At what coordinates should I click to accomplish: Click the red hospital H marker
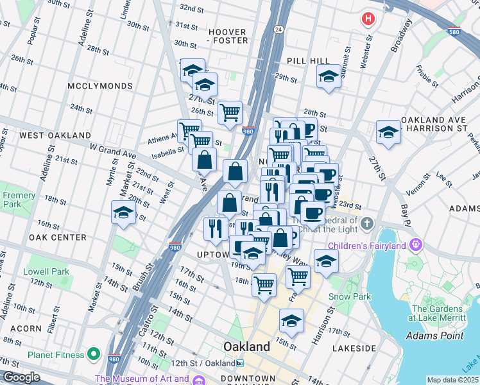pyautogui.click(x=368, y=19)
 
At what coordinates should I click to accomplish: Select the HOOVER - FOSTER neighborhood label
pyautogui.click(x=227, y=36)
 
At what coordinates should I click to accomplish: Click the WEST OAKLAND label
pyautogui.click(x=55, y=135)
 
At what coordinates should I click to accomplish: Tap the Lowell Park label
pyautogui.click(x=46, y=271)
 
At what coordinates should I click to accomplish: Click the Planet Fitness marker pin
pyautogui.click(x=94, y=354)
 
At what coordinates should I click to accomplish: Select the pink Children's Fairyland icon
pyautogui.click(x=416, y=245)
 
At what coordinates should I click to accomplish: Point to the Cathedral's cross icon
pyautogui.click(x=366, y=224)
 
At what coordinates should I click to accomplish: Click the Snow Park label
pyautogui.click(x=350, y=296)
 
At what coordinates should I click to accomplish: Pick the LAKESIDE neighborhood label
pyautogui.click(x=354, y=348)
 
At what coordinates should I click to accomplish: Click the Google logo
pyautogui.click(x=21, y=377)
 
